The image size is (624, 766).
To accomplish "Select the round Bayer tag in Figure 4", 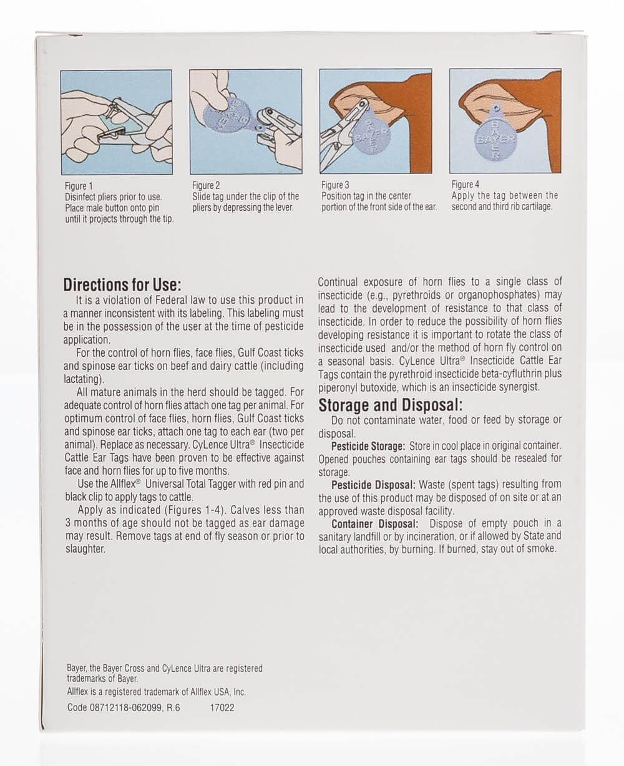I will tap(495, 139).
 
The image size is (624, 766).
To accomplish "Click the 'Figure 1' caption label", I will tap(79, 186).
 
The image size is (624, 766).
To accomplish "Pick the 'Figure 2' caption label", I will tap(206, 186).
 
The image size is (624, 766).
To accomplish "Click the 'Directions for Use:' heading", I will tap(122, 286).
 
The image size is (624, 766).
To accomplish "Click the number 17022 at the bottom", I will tap(223, 708).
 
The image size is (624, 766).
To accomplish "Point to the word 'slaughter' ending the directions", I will tap(85, 550).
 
